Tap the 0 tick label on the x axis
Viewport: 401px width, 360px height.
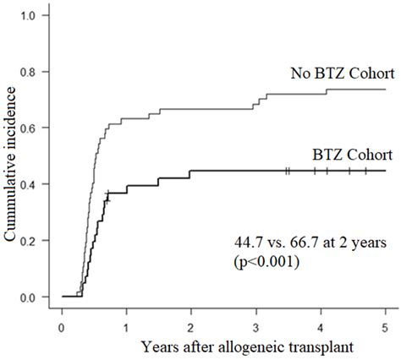point(62,325)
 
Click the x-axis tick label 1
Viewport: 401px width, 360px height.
point(127,325)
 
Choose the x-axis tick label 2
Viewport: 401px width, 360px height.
point(191,325)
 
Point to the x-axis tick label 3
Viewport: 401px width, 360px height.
point(256,325)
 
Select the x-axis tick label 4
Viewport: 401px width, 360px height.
point(321,325)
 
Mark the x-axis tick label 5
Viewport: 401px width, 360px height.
point(385,325)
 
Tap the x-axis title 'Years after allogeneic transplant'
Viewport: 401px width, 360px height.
point(223,347)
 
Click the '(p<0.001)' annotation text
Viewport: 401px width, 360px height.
point(272,262)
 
